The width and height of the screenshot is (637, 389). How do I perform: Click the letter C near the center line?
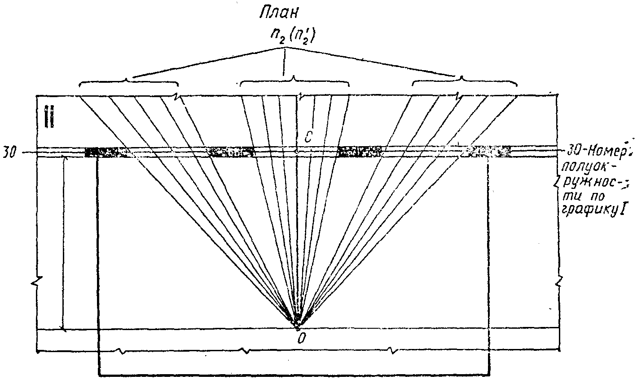[x=308, y=138]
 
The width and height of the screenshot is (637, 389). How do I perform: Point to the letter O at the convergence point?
[x=301, y=338]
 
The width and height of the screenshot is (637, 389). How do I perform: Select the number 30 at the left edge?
[x=9, y=152]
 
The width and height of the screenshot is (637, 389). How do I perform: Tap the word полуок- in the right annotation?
[x=583, y=167]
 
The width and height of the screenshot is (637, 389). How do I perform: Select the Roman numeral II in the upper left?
[x=50, y=116]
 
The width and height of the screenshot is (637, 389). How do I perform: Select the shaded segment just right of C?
[x=360, y=151]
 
